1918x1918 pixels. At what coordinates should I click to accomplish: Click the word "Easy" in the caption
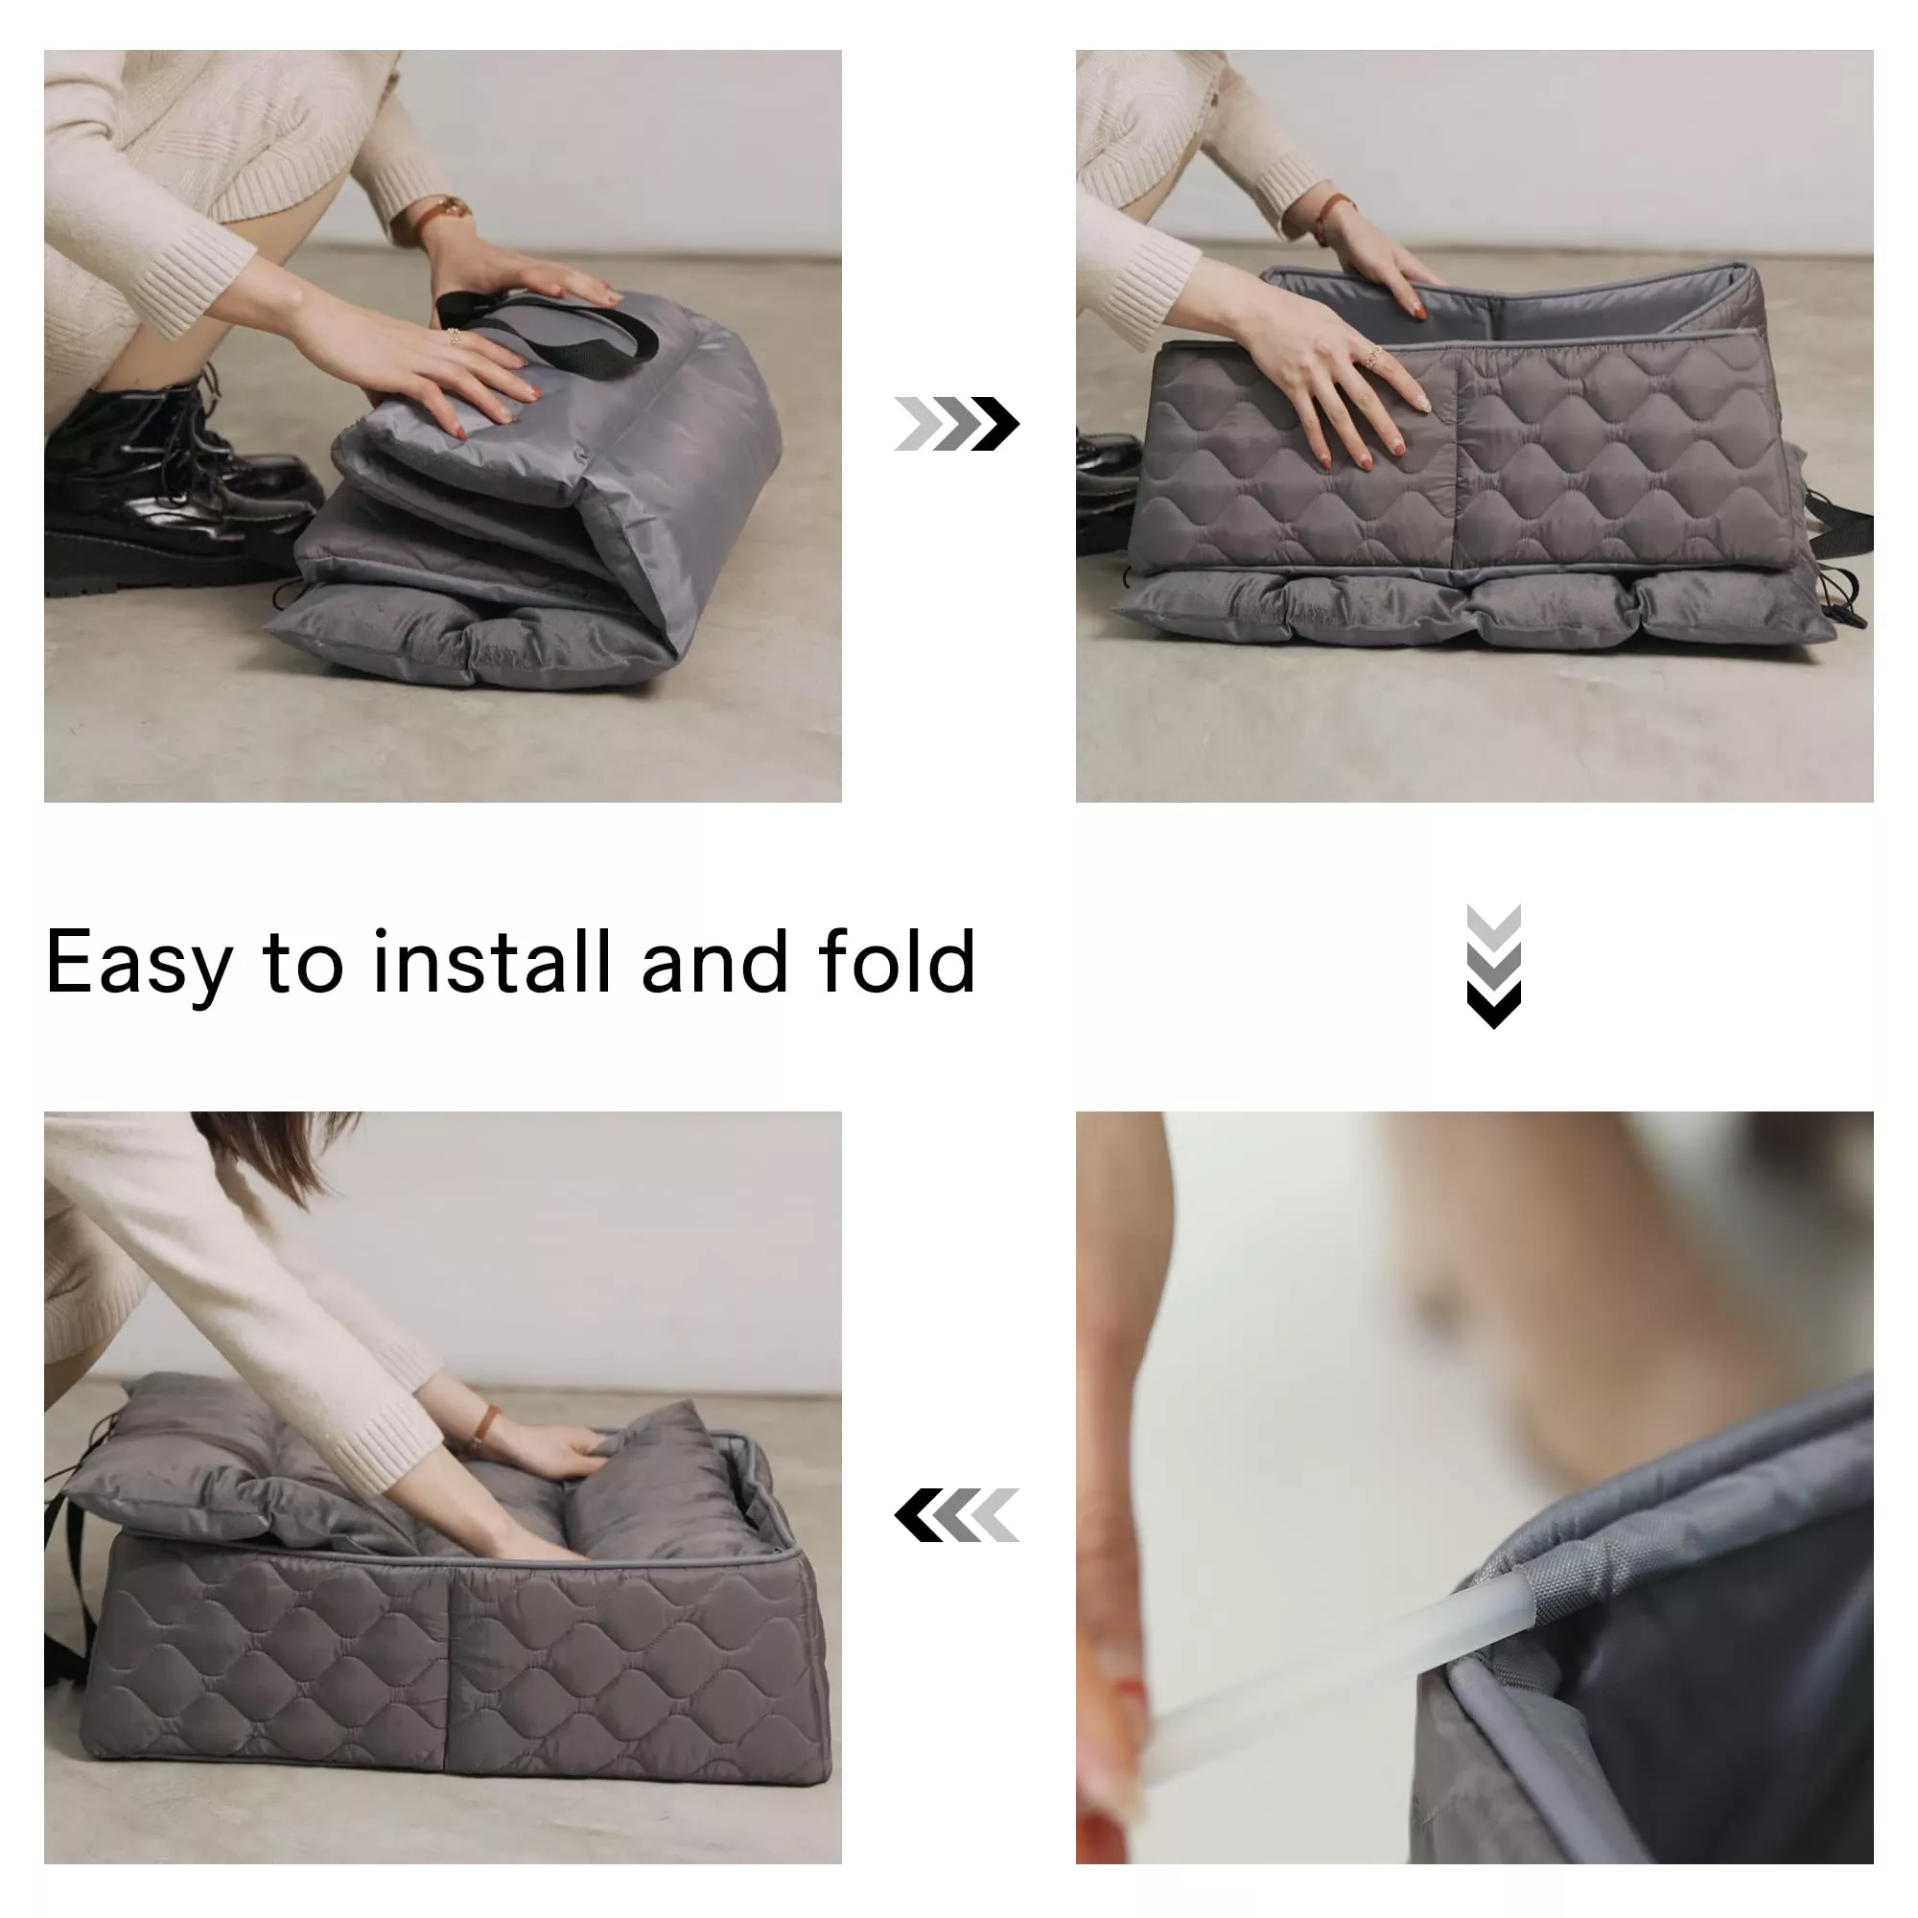[x=139, y=962]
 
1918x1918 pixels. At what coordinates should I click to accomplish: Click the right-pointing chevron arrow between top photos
[x=956, y=424]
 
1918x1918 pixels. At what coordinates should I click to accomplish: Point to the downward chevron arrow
[x=1493, y=967]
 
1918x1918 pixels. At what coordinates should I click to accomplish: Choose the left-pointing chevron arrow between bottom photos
[x=956, y=1515]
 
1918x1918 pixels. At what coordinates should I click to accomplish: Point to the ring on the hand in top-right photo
[x=1374, y=356]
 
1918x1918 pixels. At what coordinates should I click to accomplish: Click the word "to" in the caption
[x=303, y=962]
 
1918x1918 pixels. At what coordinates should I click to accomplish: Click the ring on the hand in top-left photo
[x=454, y=336]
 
